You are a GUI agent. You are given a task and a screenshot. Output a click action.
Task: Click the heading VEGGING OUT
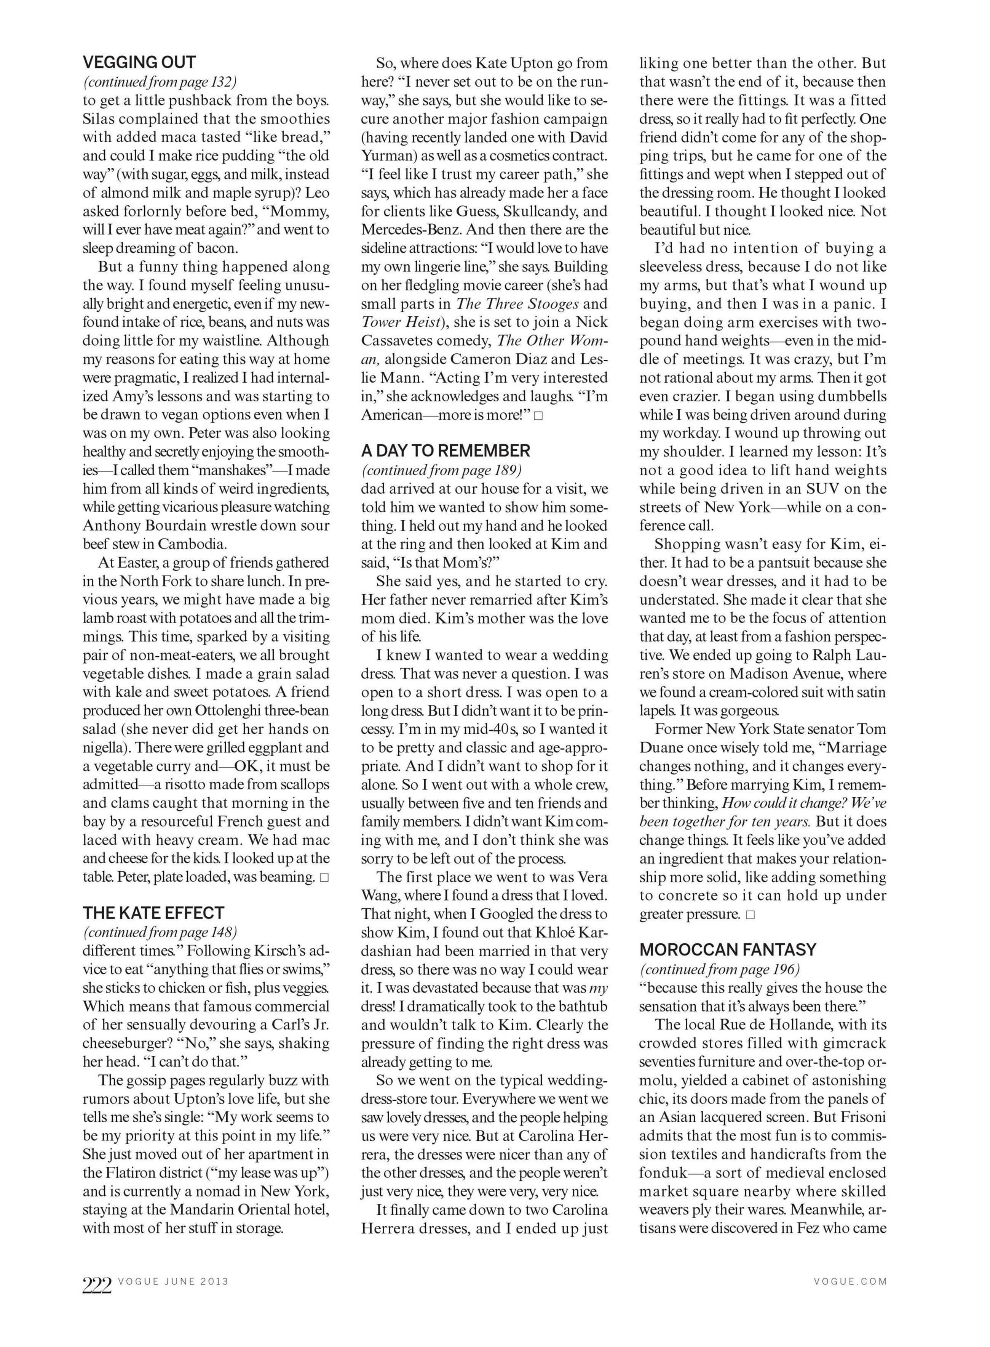coord(139,63)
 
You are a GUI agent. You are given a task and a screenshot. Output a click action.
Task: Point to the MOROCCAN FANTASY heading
coord(728,950)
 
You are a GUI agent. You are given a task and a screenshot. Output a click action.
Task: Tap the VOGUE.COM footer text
coord(850,1281)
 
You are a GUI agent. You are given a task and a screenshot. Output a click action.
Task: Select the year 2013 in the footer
coord(214,1281)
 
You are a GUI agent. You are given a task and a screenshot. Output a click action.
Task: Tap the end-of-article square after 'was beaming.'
coord(324,877)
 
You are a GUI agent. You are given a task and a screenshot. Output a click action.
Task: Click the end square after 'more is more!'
coord(538,415)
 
